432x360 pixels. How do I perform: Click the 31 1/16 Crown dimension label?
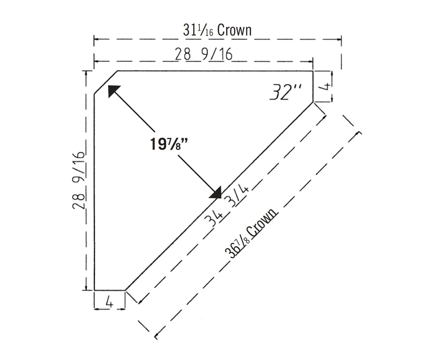tap(217, 30)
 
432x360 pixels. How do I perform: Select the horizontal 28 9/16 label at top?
tap(204, 54)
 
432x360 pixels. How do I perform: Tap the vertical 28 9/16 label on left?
tap(79, 181)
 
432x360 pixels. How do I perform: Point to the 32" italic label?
tap(285, 92)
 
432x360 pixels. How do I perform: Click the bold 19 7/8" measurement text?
tap(168, 144)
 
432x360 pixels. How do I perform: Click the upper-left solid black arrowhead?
tap(113, 91)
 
